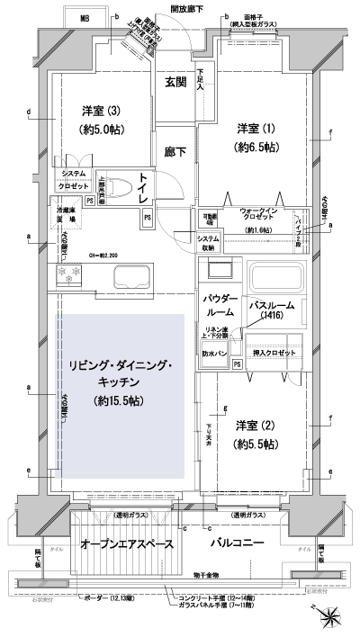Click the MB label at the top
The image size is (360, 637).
coord(84,18)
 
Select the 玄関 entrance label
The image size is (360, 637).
coord(175,82)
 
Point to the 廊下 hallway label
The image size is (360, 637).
coord(175,152)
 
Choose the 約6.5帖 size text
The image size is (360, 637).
coord(255,146)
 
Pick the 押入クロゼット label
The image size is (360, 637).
coord(276,353)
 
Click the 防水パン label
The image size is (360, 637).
coord(214,354)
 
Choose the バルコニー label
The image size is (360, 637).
coord(237,544)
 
